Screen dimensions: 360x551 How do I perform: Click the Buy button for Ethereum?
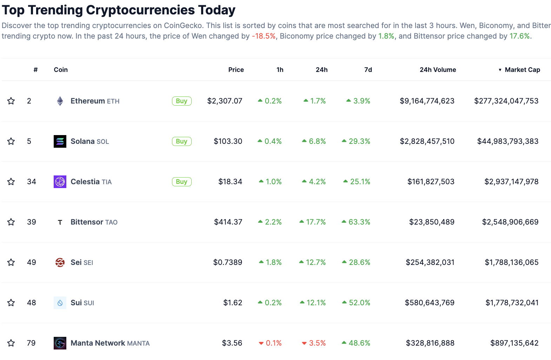coord(181,101)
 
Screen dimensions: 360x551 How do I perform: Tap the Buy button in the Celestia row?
coord(181,182)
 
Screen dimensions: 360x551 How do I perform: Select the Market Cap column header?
coord(522,70)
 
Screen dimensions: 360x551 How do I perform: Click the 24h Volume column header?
coord(438,70)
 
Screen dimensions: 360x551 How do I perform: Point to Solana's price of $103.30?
coord(228,141)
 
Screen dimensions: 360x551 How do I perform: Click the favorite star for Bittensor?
coord(11,222)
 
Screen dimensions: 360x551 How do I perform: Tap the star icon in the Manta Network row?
coord(11,343)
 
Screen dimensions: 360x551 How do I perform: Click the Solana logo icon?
coord(60,141)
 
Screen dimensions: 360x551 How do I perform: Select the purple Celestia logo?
coord(60,182)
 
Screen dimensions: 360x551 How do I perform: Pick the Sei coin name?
coord(76,262)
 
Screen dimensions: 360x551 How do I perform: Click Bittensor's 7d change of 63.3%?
coord(359,222)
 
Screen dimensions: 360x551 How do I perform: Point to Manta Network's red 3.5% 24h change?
coord(317,343)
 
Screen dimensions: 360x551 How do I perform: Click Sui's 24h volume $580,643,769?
coord(430,303)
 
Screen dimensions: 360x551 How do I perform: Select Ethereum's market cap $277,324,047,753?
coord(506,101)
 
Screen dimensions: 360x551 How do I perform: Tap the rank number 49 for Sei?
coord(32,262)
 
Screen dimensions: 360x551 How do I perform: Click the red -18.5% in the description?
coord(264,36)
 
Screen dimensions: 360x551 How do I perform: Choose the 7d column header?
coord(368,70)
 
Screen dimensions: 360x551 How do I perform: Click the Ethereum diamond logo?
coord(60,101)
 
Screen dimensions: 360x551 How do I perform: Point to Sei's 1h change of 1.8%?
coord(273,262)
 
